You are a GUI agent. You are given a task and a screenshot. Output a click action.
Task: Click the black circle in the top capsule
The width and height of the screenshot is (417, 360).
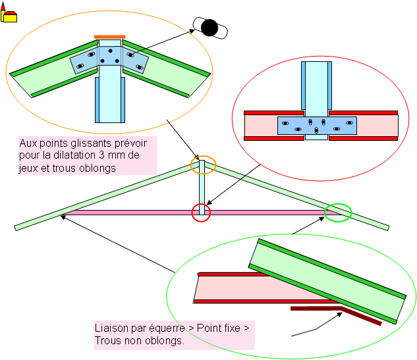[209, 27]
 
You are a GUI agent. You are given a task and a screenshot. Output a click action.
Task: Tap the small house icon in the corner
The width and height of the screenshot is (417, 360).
[9, 13]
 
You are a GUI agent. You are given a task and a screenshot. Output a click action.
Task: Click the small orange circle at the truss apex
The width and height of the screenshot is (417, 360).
[203, 165]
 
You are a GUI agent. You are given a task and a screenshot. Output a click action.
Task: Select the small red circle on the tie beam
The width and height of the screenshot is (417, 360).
[201, 213]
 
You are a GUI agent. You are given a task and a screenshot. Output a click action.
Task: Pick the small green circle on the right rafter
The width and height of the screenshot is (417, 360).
[339, 212]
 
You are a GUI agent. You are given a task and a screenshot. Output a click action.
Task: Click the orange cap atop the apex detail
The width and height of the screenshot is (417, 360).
[110, 37]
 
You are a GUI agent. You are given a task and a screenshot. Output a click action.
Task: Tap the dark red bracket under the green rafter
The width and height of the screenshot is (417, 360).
[336, 314]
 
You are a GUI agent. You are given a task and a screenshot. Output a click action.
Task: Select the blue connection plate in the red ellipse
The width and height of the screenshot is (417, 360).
[317, 125]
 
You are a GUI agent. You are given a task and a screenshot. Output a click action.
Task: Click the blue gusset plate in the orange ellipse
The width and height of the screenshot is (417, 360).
[109, 61]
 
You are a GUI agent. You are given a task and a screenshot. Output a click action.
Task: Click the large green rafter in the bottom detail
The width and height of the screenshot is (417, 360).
[329, 280]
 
